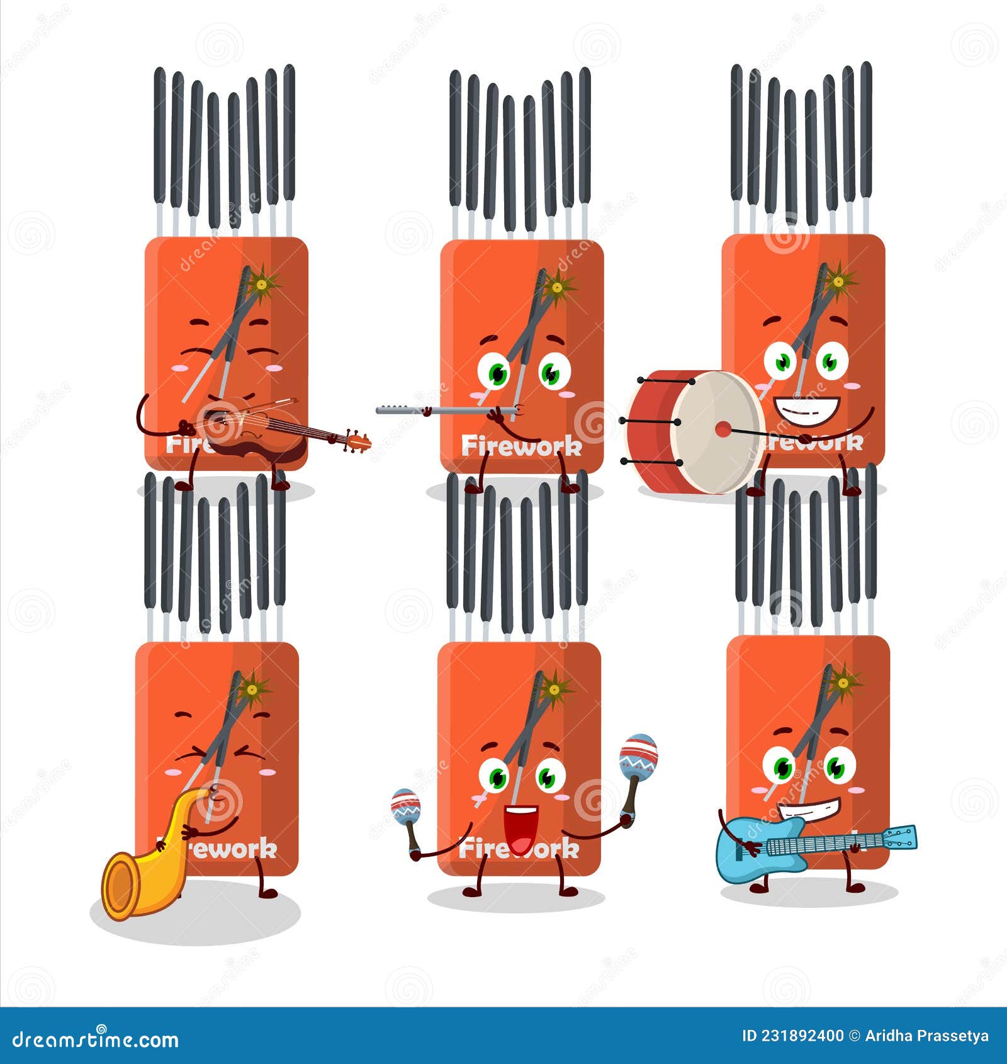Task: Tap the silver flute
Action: (x=441, y=411)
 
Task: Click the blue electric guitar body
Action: (x=755, y=847)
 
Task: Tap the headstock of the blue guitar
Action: (x=900, y=837)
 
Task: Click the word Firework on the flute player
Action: (x=521, y=446)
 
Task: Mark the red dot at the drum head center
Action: (x=723, y=430)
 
